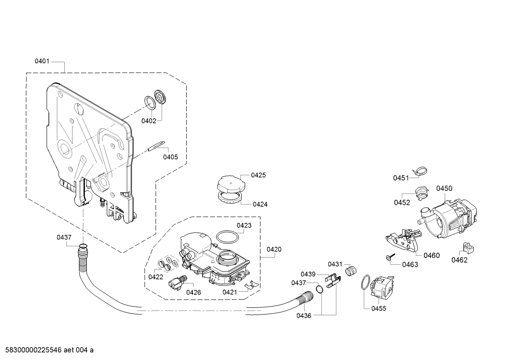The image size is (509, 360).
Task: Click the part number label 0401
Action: (42, 61)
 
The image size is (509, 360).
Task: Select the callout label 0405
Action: (170, 157)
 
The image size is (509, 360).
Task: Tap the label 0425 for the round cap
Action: (258, 175)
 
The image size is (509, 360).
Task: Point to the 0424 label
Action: (260, 204)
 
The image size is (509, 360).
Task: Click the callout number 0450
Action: (444, 188)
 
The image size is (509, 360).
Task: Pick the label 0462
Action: (460, 260)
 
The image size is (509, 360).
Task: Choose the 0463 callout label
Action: (410, 265)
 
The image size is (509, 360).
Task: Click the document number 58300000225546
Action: (34, 350)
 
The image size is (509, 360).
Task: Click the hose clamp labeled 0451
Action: (420, 171)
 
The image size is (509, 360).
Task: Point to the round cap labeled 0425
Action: (231, 183)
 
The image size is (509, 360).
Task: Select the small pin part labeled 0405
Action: (156, 146)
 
